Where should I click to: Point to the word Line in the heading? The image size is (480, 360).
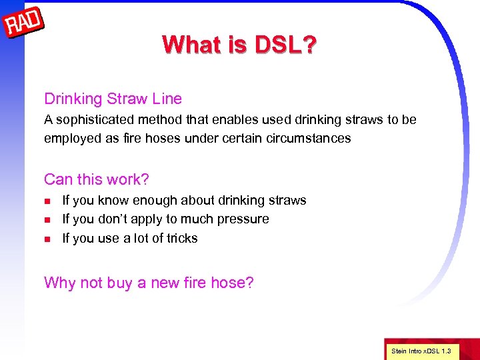167,99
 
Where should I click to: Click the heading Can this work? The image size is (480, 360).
97,179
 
